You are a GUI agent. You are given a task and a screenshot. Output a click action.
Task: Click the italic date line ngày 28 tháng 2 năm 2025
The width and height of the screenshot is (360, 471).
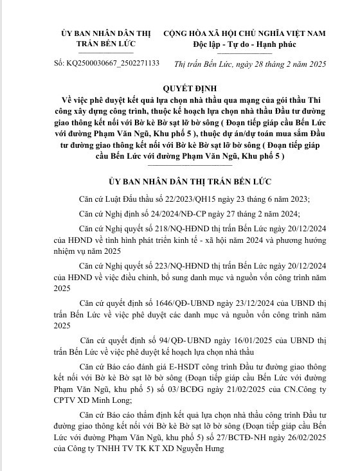point(283,63)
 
